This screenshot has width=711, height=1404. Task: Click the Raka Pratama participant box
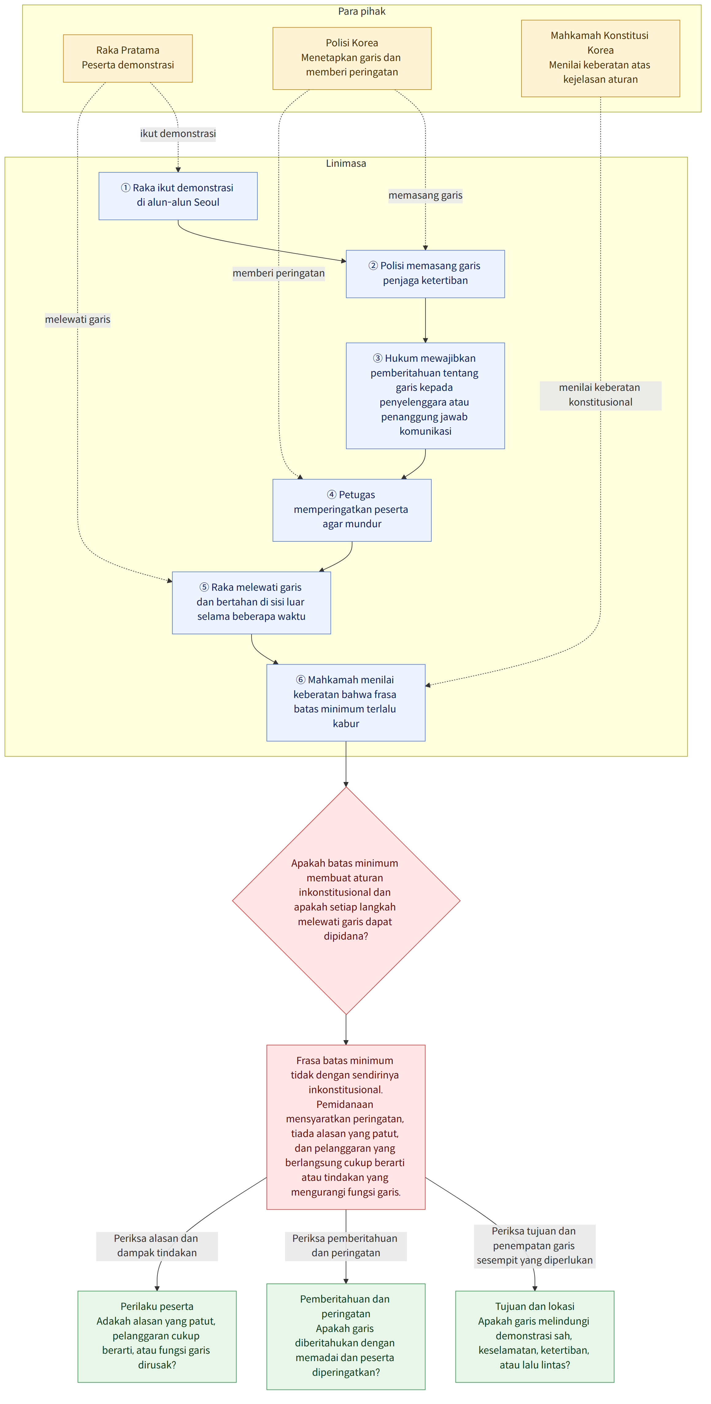128,58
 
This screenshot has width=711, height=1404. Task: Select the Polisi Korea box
352,58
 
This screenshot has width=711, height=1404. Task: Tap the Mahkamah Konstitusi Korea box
600,58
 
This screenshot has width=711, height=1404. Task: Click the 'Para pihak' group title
362,11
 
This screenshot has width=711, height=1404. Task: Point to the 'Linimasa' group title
346,163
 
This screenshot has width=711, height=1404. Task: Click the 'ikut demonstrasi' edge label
178,134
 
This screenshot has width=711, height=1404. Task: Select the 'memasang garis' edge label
425,195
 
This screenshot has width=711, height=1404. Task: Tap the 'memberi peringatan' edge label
279,273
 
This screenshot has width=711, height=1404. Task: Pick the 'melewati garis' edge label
77,319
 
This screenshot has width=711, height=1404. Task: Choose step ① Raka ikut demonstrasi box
178,196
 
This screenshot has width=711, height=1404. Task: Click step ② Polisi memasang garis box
425,274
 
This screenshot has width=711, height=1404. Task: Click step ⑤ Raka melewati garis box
251,602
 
